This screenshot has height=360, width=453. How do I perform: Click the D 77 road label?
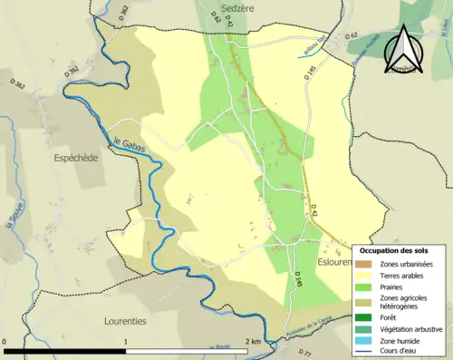[305, 353]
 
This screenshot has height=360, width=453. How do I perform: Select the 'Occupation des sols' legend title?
[400, 249]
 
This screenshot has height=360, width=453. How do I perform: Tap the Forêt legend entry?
[391, 317]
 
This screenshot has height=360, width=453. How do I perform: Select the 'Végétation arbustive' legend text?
[413, 328]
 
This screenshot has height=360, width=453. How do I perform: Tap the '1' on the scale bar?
[126, 341]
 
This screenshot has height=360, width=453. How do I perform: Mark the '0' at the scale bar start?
[5, 341]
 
